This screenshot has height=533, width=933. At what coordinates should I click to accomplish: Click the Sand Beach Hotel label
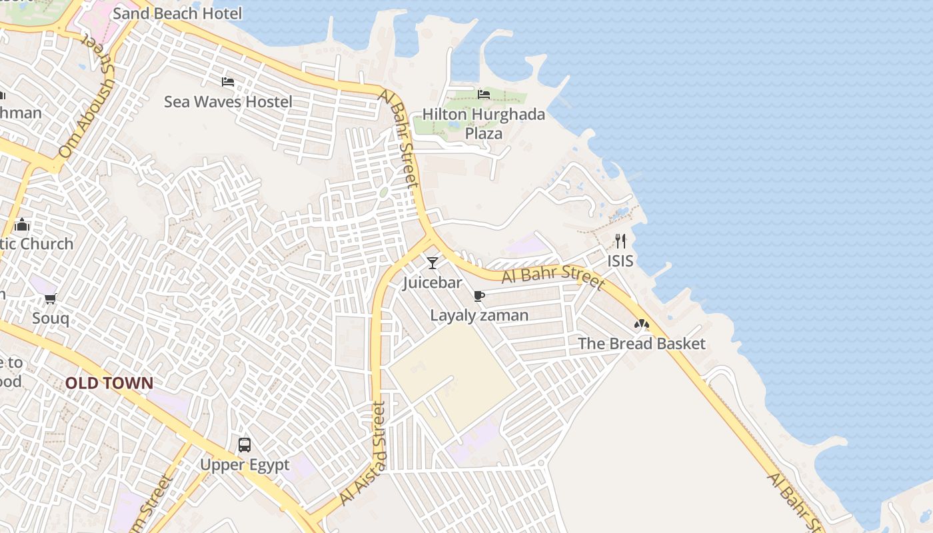[177, 13]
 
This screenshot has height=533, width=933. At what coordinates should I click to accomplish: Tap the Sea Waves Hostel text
[228, 102]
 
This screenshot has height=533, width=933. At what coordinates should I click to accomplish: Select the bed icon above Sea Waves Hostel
[228, 82]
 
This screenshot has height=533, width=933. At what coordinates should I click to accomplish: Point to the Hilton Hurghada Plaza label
[484, 124]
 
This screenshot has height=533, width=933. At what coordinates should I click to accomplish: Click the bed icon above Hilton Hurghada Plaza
[484, 95]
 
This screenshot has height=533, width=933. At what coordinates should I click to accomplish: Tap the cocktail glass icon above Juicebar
[433, 263]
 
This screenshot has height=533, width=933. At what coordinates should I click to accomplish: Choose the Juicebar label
[433, 283]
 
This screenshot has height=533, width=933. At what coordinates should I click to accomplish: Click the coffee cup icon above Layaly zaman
[478, 296]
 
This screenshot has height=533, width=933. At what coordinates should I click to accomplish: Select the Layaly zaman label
[479, 316]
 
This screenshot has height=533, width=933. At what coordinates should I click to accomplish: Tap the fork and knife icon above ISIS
[620, 241]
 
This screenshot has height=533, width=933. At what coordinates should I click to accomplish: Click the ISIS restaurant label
[620, 261]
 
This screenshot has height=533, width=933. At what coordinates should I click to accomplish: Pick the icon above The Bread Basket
[641, 324]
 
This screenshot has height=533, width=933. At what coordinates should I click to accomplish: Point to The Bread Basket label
[641, 344]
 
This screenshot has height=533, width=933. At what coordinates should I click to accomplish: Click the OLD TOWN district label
[109, 383]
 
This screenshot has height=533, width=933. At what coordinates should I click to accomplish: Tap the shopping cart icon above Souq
[51, 298]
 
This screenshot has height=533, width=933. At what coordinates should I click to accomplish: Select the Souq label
[51, 318]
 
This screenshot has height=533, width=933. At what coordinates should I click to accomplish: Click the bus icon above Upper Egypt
[245, 444]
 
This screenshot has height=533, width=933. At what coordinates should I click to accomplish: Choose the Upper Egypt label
[245, 465]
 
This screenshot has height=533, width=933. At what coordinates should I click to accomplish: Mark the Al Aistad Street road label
[363, 453]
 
